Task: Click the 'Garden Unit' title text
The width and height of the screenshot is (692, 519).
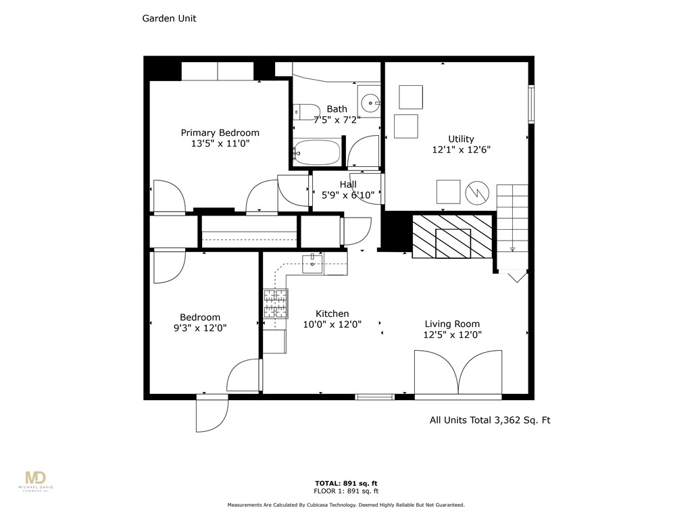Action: [x=169, y=19]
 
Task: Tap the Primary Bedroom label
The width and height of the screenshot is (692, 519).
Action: [x=220, y=132]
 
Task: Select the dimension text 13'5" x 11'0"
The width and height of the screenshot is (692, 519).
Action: [x=220, y=144]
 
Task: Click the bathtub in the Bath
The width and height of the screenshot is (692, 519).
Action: [x=317, y=152]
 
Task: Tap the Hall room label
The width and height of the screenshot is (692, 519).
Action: [x=348, y=184]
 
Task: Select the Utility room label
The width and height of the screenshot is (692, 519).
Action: [x=461, y=139]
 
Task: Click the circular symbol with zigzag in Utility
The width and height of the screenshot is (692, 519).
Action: [x=477, y=192]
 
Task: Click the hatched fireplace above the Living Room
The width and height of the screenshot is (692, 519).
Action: [x=452, y=237]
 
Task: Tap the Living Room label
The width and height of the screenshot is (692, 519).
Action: [x=452, y=324]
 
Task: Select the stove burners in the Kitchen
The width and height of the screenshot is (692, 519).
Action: [x=275, y=303]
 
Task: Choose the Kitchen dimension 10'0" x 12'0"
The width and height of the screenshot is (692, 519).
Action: [x=332, y=324]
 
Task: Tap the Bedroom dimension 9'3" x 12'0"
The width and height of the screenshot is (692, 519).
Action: [x=199, y=328]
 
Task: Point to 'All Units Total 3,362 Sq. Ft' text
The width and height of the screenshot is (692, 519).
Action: [x=490, y=420]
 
